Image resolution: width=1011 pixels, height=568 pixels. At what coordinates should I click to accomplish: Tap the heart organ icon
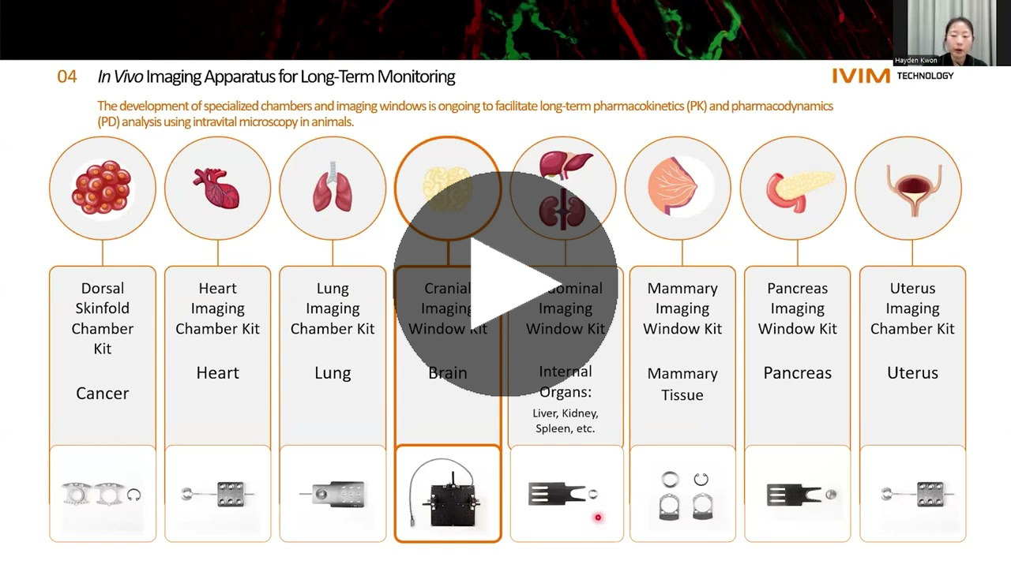[216, 188]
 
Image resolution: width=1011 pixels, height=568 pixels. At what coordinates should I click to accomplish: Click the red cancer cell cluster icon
[102, 188]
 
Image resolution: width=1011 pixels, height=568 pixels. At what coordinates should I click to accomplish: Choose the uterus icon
[912, 189]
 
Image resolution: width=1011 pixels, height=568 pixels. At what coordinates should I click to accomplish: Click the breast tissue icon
[673, 188]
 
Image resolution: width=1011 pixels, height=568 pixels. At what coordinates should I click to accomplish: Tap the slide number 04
[67, 77]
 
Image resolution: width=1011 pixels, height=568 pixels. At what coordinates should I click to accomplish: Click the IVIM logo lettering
[860, 76]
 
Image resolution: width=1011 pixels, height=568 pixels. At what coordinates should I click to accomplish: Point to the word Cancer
[102, 393]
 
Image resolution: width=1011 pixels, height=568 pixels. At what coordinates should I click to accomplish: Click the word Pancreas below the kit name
[797, 373]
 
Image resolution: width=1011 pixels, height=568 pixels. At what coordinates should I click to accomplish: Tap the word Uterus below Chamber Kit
[912, 373]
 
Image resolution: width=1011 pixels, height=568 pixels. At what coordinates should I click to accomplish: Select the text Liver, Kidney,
[566, 413]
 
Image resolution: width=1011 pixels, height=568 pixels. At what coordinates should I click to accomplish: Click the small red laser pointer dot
[598, 518]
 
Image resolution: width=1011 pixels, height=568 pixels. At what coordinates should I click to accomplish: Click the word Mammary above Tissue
[682, 373]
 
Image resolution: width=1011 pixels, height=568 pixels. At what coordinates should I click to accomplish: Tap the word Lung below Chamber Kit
[333, 373]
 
